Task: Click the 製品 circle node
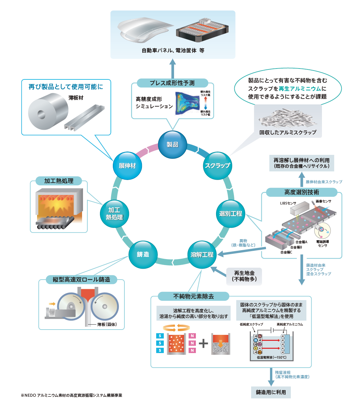172,145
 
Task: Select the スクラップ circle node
217,165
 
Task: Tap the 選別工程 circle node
231,214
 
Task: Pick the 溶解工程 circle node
202,254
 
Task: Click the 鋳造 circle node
143,254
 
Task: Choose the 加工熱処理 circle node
114,214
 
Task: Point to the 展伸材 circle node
127,165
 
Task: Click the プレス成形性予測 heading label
172,83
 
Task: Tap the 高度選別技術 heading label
301,192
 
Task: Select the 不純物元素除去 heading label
194,296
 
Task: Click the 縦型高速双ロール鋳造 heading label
81,280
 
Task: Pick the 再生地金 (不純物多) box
244,276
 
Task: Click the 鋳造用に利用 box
271,392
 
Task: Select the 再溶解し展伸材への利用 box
301,163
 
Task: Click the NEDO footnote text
71,395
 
